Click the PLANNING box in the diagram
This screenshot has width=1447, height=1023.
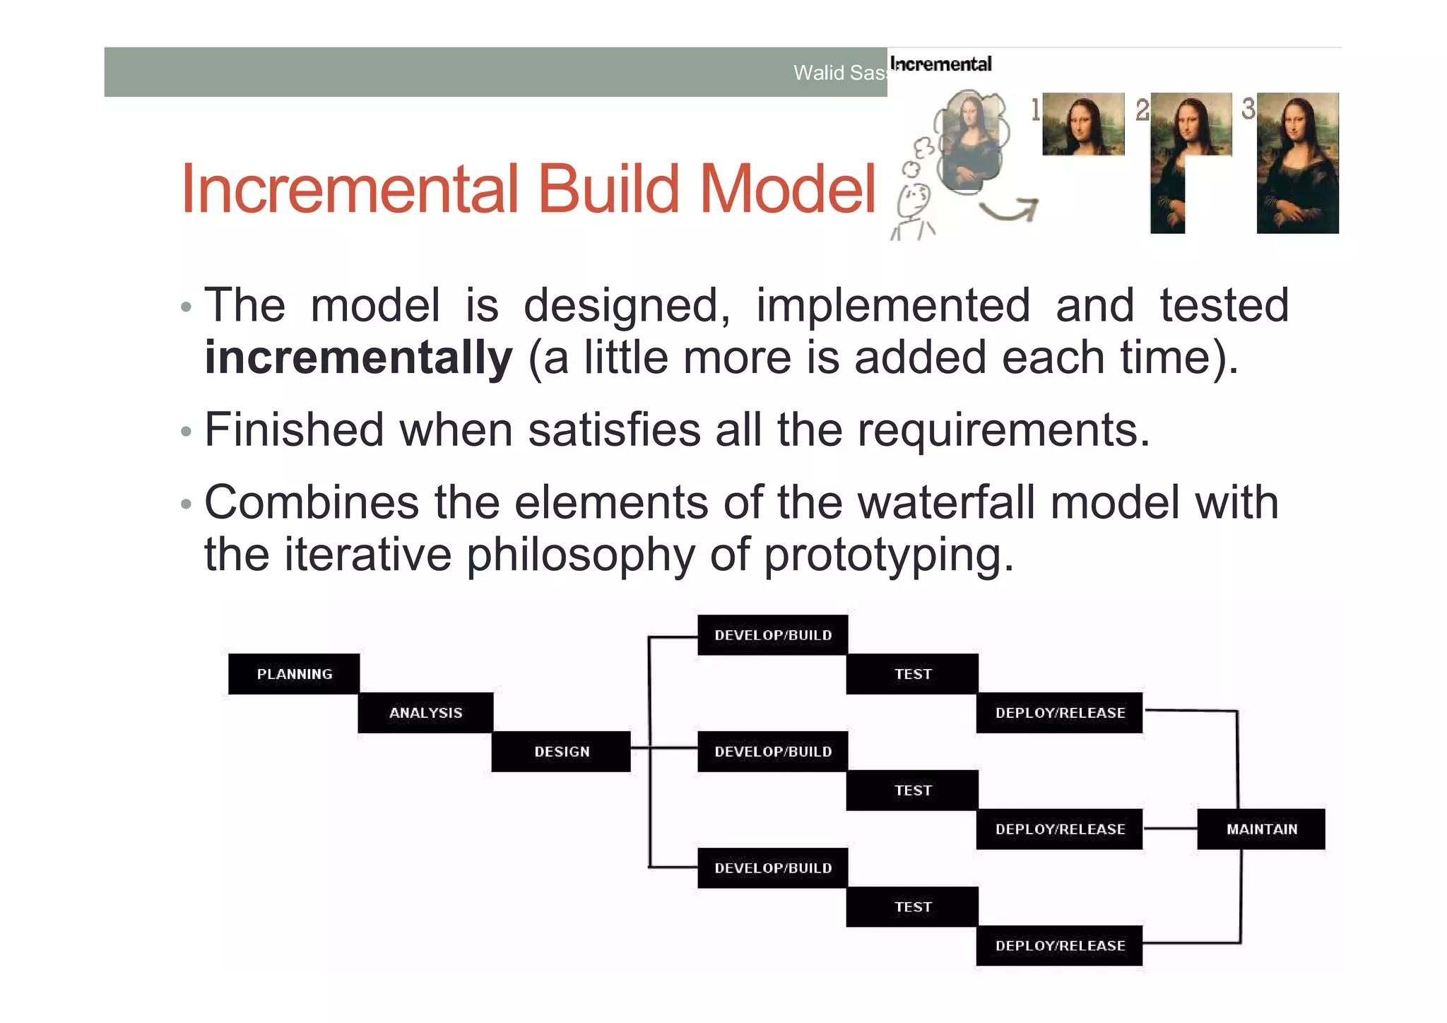(294, 674)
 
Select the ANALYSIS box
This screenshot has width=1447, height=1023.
(425, 713)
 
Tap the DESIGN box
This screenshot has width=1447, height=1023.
(561, 752)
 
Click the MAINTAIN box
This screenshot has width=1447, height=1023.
(1261, 829)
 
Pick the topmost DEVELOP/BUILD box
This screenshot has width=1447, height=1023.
(772, 635)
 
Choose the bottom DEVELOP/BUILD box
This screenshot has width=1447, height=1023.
(772, 868)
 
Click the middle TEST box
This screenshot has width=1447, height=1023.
(912, 791)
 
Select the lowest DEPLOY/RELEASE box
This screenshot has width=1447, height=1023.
(1059, 946)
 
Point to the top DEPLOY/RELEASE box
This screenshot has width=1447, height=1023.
(1059, 713)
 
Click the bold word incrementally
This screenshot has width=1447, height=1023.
(358, 357)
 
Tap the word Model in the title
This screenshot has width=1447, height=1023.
(787, 189)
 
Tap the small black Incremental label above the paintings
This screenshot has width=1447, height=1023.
(940, 64)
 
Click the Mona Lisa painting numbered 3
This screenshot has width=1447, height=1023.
(1297, 162)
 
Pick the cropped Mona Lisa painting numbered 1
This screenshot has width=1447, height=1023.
(1083, 124)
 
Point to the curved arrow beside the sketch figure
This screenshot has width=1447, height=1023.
(1010, 209)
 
